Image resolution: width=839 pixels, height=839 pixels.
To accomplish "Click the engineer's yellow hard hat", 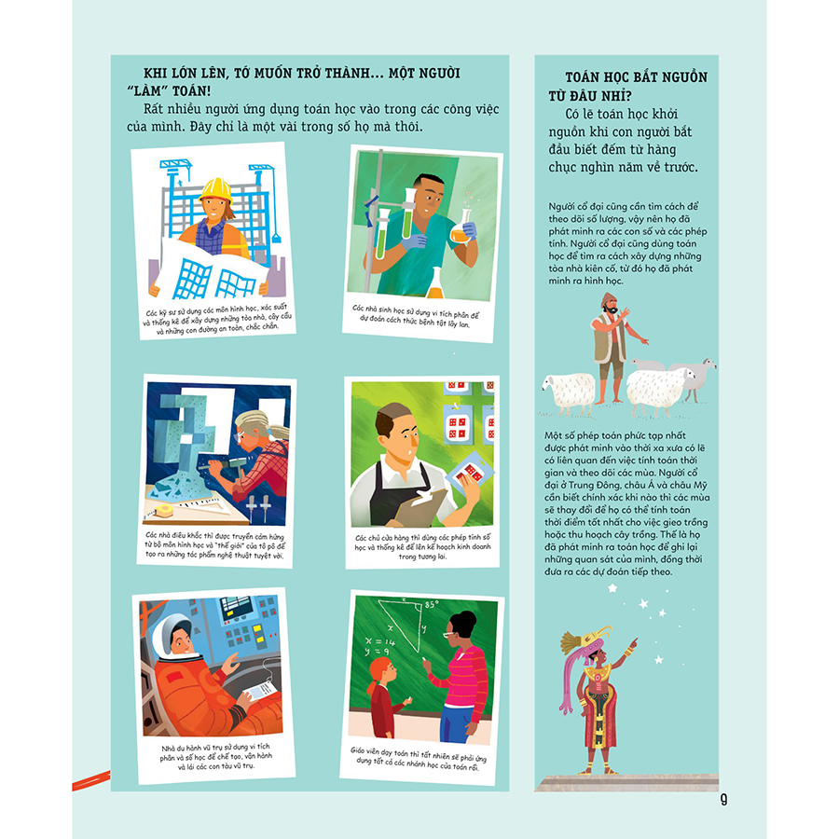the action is (x=215, y=190).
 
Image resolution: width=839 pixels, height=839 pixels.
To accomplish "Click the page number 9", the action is (x=723, y=800).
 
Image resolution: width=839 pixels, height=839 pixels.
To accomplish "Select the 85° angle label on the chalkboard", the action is (x=432, y=605).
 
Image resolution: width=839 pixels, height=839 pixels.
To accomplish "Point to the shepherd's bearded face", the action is (x=610, y=307).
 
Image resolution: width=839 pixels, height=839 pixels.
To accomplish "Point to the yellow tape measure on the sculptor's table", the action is (x=163, y=511).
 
